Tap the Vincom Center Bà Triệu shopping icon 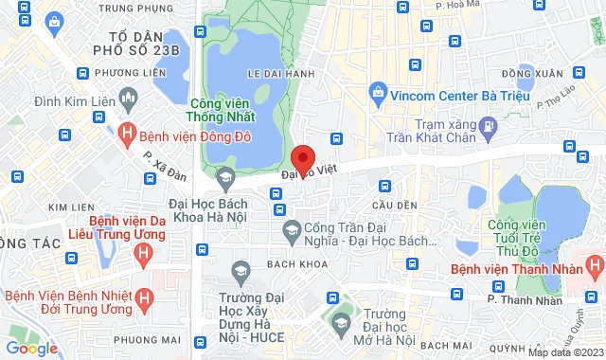[x=378, y=94]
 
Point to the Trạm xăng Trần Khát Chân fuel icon [x=487, y=124]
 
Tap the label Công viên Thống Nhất [x=223, y=112]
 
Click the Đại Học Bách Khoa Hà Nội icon [x=225, y=175]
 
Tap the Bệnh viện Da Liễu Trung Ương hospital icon [x=141, y=252]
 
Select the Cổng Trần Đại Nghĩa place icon [x=292, y=230]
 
